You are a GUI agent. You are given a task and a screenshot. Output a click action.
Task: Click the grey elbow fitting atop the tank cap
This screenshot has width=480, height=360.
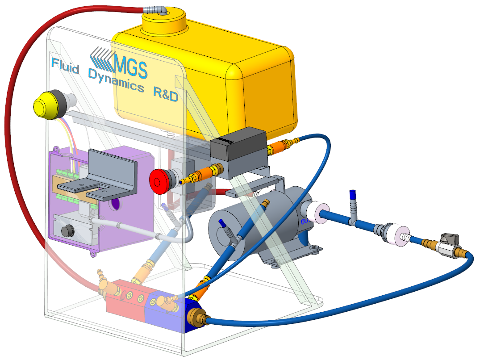pos(156,10)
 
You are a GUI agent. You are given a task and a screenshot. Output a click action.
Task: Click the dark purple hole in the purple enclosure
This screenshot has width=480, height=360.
pos(115,205)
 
